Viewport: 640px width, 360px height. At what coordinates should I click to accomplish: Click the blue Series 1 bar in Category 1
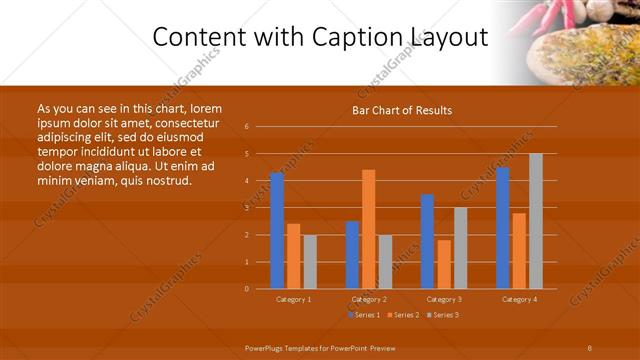click(277, 231)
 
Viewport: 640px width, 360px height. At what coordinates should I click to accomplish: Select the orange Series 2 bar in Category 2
click(369, 229)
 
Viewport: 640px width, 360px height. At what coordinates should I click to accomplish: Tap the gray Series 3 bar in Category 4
click(536, 221)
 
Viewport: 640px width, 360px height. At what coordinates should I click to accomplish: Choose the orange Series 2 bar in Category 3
click(444, 264)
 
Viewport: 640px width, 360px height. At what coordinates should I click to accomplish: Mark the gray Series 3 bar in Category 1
click(310, 262)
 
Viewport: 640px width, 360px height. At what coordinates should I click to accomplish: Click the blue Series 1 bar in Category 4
click(502, 228)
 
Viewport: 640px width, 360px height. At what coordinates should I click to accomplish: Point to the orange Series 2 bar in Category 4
click(519, 251)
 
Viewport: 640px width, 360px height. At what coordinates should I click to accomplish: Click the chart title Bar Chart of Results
click(402, 110)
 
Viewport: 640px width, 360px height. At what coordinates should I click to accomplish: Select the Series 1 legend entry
click(364, 315)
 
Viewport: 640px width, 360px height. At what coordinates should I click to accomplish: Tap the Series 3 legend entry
click(442, 315)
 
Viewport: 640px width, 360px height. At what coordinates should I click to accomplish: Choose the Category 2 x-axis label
click(369, 299)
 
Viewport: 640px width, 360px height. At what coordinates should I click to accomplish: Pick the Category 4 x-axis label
click(519, 299)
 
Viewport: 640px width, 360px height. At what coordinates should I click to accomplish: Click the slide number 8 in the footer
click(589, 347)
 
